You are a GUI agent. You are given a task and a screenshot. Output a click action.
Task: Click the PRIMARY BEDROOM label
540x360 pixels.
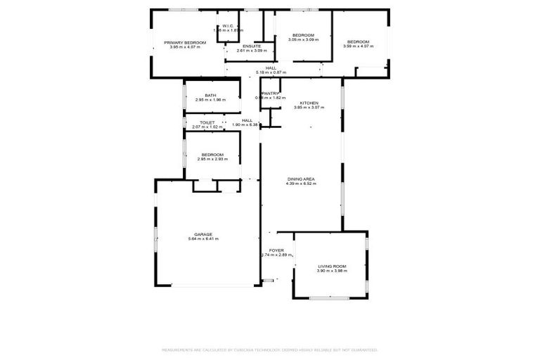coord(185,43)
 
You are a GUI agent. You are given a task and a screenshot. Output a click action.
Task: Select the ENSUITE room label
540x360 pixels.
coord(252,46)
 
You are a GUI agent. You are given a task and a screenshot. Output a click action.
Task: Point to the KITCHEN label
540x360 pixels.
coord(309,103)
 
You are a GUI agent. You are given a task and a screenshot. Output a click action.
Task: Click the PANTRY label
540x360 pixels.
coord(270,93)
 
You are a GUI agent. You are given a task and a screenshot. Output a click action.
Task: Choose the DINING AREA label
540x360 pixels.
coord(301,179)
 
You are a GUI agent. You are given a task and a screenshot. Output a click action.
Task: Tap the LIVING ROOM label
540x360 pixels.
coord(332,266)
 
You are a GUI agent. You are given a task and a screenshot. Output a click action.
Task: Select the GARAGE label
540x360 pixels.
coord(203,234)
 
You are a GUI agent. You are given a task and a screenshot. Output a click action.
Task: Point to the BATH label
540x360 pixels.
coord(210,96)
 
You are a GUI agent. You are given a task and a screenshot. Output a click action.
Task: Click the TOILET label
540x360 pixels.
coord(207,122)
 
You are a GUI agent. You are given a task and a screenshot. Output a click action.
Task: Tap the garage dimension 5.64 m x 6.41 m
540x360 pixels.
coord(203,239)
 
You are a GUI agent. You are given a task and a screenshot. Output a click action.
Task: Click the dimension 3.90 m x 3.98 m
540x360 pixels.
coord(332,271)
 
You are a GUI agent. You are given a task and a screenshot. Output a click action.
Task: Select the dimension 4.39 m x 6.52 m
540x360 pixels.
coord(301,184)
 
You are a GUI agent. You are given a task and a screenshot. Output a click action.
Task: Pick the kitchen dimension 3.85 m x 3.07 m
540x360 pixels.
coord(309,108)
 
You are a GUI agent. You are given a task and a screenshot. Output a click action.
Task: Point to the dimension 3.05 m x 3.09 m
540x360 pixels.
coord(303,39)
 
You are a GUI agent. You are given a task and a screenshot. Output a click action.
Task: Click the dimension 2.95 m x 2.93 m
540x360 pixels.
coord(212,159)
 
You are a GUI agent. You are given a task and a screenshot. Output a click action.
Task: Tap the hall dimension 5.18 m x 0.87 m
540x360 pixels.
coord(271,72)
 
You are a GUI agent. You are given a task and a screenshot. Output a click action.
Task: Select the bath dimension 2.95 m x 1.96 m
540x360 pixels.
coord(210,100)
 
